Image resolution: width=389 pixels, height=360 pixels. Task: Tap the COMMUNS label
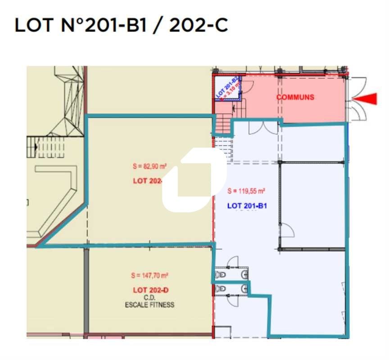[295, 97]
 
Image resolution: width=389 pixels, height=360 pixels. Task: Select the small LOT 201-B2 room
[227, 89]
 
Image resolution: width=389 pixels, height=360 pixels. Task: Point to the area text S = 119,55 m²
[246, 191]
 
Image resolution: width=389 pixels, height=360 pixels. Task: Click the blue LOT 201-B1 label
[248, 206]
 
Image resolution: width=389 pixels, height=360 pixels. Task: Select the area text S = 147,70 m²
[149, 275]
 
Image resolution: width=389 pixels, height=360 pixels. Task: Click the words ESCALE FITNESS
[149, 305]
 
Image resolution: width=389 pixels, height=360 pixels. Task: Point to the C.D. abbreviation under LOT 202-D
[149, 297]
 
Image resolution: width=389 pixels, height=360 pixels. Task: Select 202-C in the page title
[198, 25]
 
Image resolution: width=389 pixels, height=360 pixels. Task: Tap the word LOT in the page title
[34, 25]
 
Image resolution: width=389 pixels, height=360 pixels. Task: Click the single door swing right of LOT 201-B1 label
[287, 230]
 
